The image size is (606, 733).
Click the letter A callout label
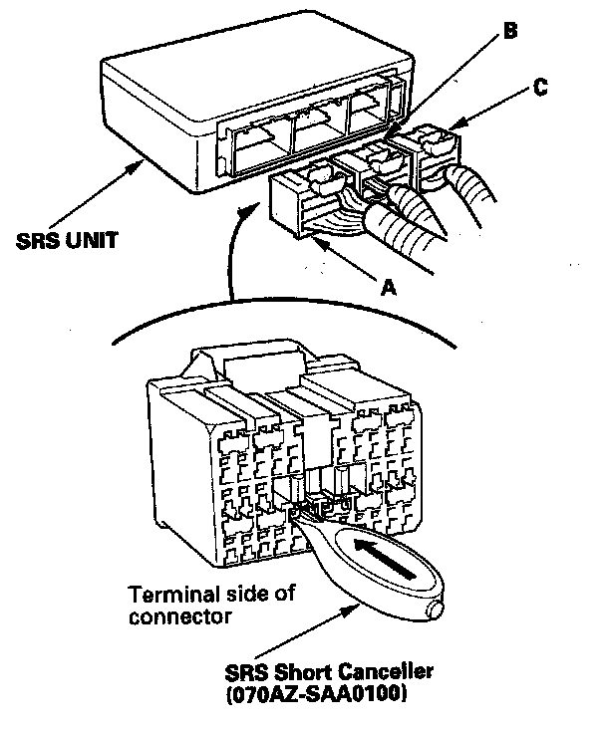click(390, 287)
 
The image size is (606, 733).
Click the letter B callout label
click(508, 32)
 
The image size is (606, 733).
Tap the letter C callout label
click(538, 88)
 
